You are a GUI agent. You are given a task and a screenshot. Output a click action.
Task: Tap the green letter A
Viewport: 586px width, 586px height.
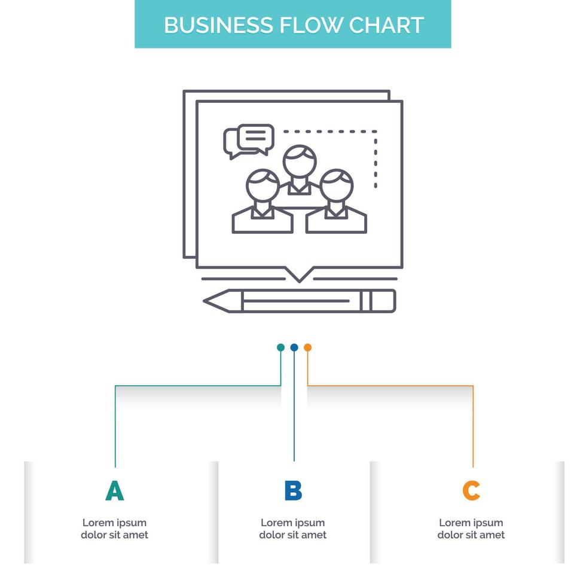tap(114, 490)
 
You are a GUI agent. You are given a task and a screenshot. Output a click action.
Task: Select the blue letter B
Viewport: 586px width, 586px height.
tap(293, 490)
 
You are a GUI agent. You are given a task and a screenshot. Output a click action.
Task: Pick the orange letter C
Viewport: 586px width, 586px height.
tap(471, 490)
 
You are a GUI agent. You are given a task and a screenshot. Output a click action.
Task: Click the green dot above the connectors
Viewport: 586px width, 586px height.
tap(280, 347)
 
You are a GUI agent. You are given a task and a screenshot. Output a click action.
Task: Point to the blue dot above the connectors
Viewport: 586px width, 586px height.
tap(294, 347)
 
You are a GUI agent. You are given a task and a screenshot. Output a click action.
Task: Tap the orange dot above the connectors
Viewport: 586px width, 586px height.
tap(307, 347)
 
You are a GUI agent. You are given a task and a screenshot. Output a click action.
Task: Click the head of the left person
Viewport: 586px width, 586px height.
tap(262, 185)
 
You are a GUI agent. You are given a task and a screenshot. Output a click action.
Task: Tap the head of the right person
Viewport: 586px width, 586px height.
tap(336, 185)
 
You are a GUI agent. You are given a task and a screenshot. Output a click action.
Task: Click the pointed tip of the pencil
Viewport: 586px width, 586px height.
tap(209, 300)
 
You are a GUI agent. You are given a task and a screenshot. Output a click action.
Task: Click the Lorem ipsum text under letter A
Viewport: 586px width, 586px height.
tap(114, 529)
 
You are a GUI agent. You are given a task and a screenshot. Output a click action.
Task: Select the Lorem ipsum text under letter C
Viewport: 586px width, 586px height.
tap(471, 529)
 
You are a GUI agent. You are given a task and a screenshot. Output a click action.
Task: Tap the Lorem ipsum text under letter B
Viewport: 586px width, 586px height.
tap(293, 529)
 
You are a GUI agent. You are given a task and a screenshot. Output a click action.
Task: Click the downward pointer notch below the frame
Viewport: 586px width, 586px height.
tap(298, 276)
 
